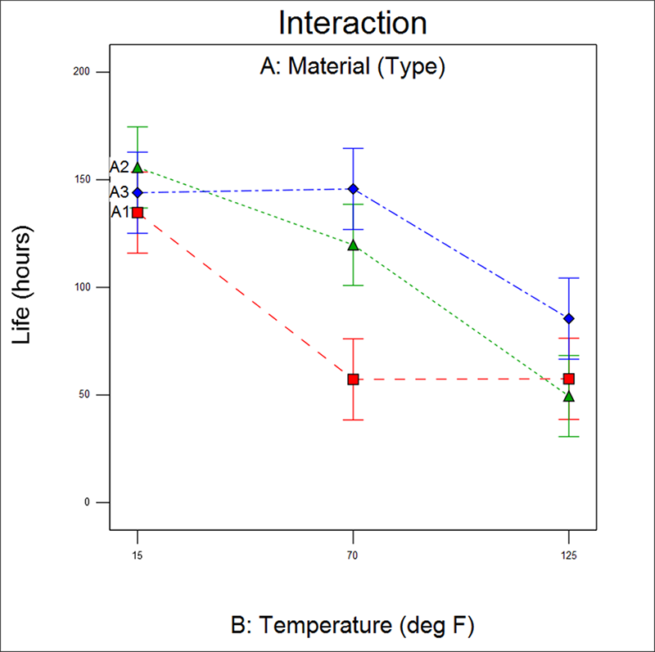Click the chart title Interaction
(352, 23)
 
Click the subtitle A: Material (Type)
(352, 67)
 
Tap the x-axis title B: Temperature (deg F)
(353, 626)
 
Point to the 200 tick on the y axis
(80, 72)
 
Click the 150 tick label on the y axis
(80, 180)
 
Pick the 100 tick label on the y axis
(80, 287)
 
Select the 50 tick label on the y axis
(83, 395)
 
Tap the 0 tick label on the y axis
(85, 502)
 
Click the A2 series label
(120, 167)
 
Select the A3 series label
(120, 192)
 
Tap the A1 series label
(120, 212)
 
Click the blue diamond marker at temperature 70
(353, 189)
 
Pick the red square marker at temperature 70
(353, 380)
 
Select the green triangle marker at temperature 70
(353, 245)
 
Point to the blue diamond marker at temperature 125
(569, 318)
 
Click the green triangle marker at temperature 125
(569, 397)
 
